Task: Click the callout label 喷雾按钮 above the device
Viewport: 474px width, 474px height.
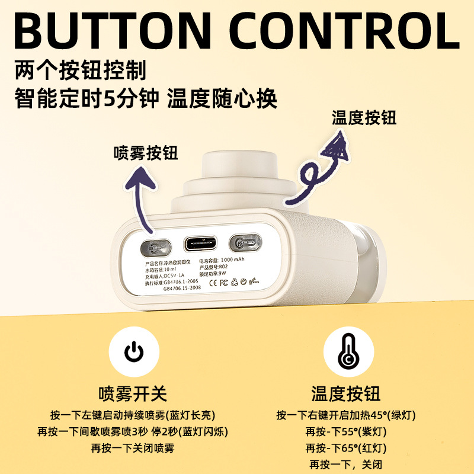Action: pos(146,153)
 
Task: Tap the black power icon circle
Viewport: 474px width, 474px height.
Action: pos(133,354)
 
